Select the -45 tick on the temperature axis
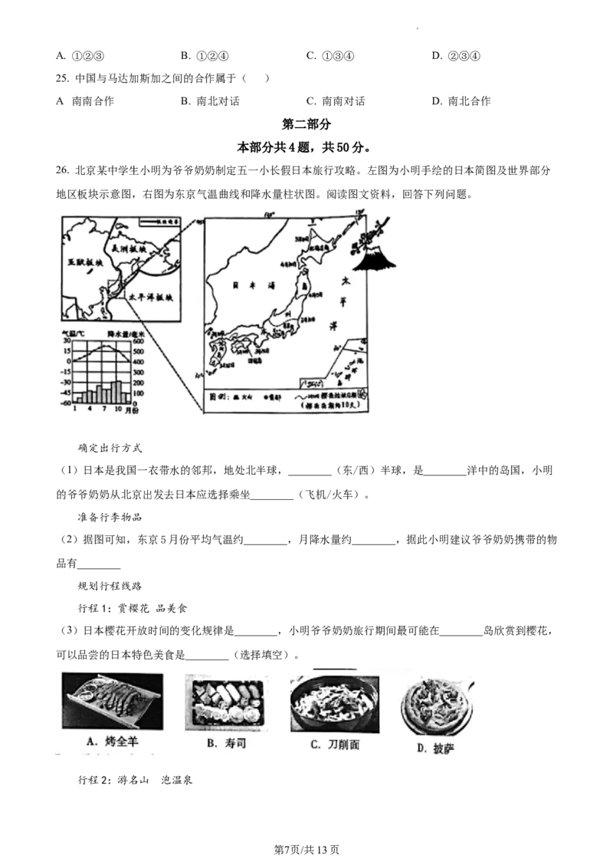(x=66, y=393)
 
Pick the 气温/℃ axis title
(x=77, y=334)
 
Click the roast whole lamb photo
(x=112, y=700)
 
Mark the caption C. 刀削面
(x=335, y=745)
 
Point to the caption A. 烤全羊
(x=112, y=741)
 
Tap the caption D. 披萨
(x=435, y=748)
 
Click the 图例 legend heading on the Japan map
(x=219, y=398)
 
